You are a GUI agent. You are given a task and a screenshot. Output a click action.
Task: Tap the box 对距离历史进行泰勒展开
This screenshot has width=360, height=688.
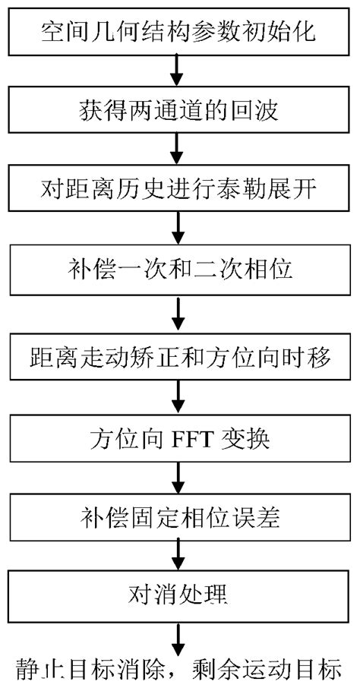178,189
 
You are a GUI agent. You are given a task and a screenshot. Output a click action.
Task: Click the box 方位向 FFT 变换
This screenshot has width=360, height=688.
178,439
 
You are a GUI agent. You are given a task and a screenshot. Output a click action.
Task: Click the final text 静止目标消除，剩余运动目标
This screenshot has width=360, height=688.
179,669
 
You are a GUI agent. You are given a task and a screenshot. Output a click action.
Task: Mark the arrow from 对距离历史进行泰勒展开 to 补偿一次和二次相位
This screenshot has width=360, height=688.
178,230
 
